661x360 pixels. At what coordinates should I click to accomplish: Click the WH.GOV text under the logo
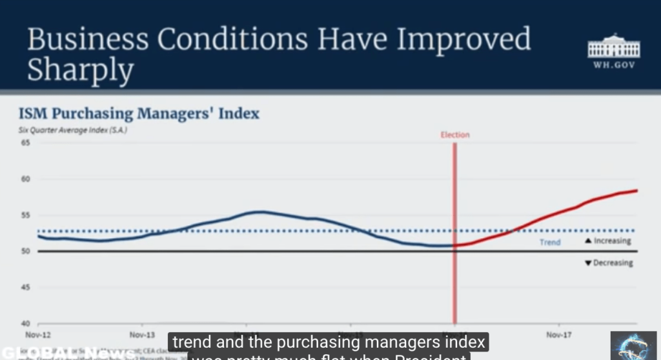click(x=613, y=65)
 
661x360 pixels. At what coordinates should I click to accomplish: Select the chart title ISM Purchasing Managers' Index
click(x=139, y=114)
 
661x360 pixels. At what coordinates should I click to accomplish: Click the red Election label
click(x=455, y=135)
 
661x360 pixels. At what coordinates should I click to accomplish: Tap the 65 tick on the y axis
click(x=26, y=143)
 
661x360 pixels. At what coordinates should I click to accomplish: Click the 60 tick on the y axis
click(x=26, y=179)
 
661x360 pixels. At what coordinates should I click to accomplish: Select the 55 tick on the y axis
click(x=26, y=215)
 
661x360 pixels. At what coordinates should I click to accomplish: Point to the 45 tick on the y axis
click(x=26, y=288)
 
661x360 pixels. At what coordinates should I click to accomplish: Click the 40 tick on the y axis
click(x=26, y=324)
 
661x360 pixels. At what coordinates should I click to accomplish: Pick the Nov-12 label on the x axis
click(x=38, y=335)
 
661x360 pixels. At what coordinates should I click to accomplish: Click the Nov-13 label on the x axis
click(x=142, y=335)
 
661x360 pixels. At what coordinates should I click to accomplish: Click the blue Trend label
click(x=550, y=243)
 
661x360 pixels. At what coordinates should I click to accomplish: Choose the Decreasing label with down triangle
click(x=608, y=263)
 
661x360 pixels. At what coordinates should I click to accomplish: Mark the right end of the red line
click(x=637, y=190)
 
